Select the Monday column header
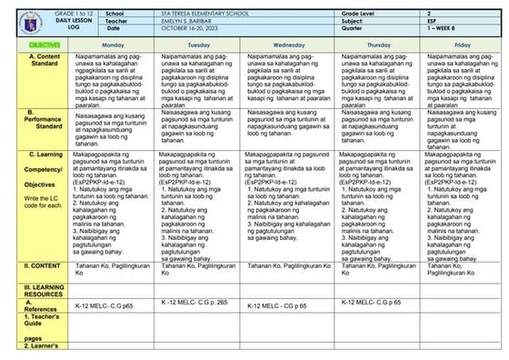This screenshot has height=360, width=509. pos(113,44)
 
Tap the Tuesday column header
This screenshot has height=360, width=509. pos(199,44)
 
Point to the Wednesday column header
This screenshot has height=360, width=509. pos(287,44)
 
